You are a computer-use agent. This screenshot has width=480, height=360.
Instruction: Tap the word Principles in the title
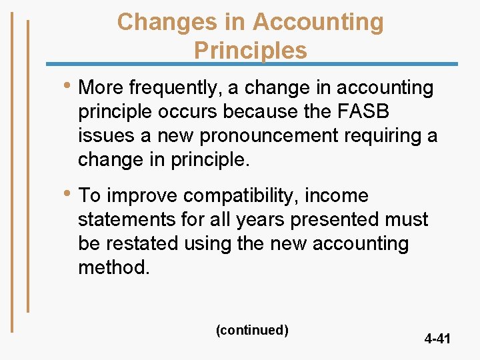point(250,51)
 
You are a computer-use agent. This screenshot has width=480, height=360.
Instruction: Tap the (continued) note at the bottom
point(252,330)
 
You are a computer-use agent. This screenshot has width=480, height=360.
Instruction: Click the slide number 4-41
point(437,339)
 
